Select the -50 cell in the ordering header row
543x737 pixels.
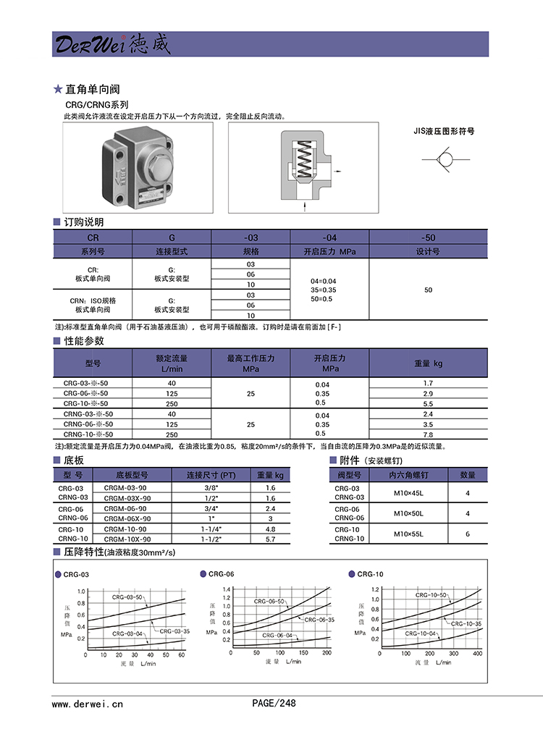[428, 237]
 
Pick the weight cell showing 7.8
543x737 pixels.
[428, 434]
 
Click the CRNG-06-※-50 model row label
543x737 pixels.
[88, 424]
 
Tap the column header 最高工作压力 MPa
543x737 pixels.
[251, 363]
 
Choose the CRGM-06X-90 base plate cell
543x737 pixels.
[127, 518]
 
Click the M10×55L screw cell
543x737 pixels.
[408, 534]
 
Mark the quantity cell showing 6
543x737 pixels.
[468, 534]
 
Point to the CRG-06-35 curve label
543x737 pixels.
[319, 620]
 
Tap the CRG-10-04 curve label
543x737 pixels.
[421, 633]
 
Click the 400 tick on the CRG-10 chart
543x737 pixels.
[476, 653]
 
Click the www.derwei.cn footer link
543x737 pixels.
[87, 703]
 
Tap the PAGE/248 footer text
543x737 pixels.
[274, 703]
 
